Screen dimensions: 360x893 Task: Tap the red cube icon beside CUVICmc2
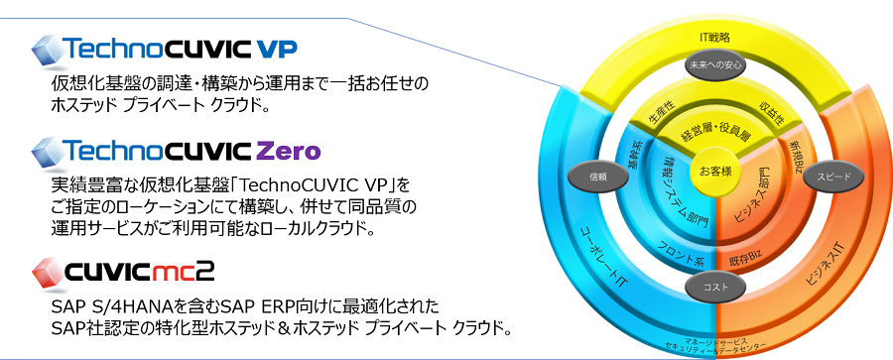46,269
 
